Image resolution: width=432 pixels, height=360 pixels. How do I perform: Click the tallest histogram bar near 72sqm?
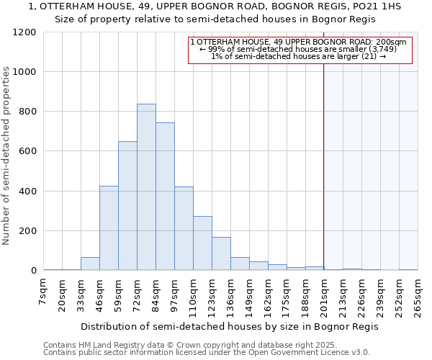pos(146,187)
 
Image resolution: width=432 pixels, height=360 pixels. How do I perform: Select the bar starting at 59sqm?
pos(127,206)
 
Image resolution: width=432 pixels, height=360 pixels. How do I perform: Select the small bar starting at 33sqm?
pos(90,264)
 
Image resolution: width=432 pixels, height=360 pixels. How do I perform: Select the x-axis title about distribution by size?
pos(230,326)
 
